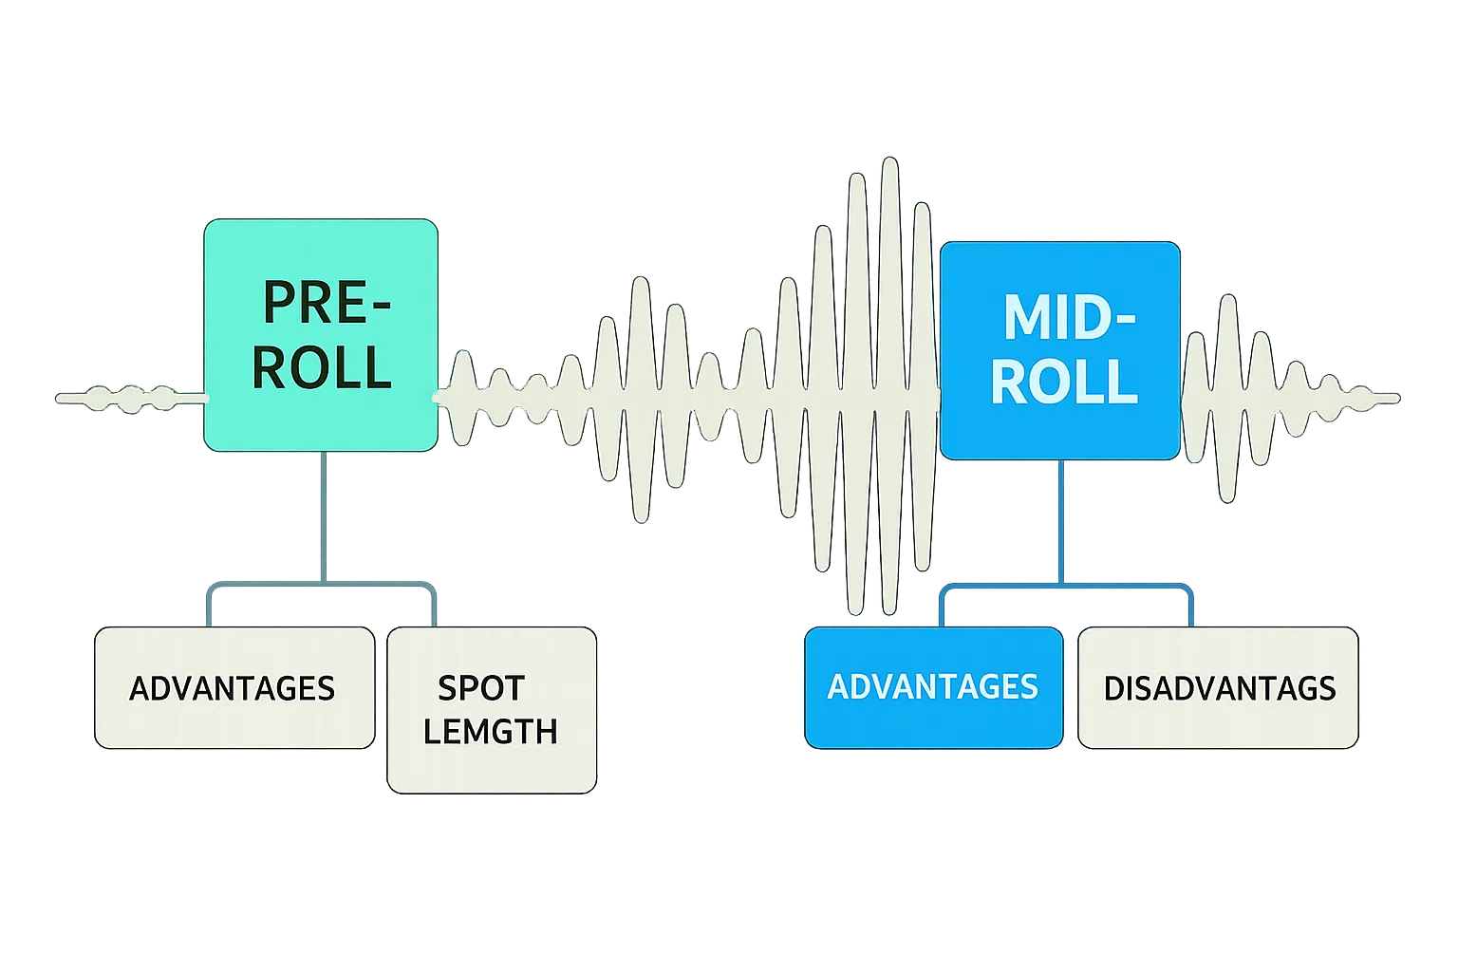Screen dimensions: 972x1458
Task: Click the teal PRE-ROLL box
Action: (x=320, y=335)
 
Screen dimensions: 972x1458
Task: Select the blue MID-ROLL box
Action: (x=1059, y=350)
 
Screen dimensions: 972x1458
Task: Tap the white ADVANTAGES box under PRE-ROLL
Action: (x=234, y=687)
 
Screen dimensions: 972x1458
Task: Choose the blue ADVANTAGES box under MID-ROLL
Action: (x=933, y=687)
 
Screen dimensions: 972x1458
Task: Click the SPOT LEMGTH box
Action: (x=492, y=710)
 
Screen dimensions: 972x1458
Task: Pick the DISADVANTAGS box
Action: (x=1218, y=687)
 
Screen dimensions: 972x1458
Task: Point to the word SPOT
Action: (x=480, y=687)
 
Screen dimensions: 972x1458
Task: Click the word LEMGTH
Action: (x=490, y=731)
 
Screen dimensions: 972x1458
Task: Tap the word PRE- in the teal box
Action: (x=326, y=304)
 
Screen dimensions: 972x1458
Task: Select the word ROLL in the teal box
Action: (x=322, y=367)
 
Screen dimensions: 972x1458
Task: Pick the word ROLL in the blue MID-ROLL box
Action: (x=1063, y=382)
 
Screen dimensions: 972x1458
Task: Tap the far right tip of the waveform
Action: (x=1397, y=398)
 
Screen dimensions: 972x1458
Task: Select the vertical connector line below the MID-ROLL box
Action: (x=1059, y=522)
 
